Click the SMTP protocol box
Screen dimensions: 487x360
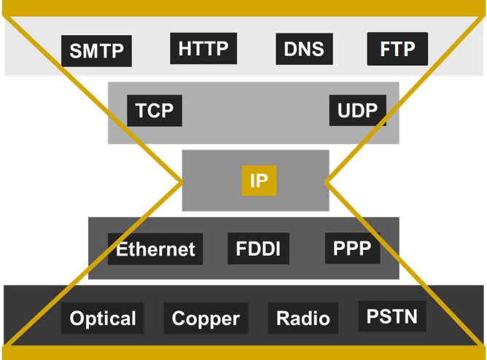[96, 51]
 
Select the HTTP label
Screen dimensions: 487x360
[203, 48]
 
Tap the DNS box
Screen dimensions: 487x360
[305, 49]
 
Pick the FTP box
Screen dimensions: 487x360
[397, 49]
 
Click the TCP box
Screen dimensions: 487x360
[155, 111]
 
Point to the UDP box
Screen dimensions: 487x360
[358, 110]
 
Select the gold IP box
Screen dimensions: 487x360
[259, 181]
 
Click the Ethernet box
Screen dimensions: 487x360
[155, 249]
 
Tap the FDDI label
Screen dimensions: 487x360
[258, 249]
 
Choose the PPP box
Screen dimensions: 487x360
[353, 249]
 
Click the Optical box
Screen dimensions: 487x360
[103, 318]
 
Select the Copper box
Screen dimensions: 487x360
[206, 318]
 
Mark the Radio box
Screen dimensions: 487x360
[303, 318]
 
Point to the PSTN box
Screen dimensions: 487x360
[392, 316]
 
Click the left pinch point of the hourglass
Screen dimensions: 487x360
[182, 182]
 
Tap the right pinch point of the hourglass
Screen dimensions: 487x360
[326, 182]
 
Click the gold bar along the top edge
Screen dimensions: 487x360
[243, 8]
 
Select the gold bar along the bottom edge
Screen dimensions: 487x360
[243, 353]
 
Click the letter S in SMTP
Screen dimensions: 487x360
[76, 51]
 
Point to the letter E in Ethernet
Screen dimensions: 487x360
[122, 249]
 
